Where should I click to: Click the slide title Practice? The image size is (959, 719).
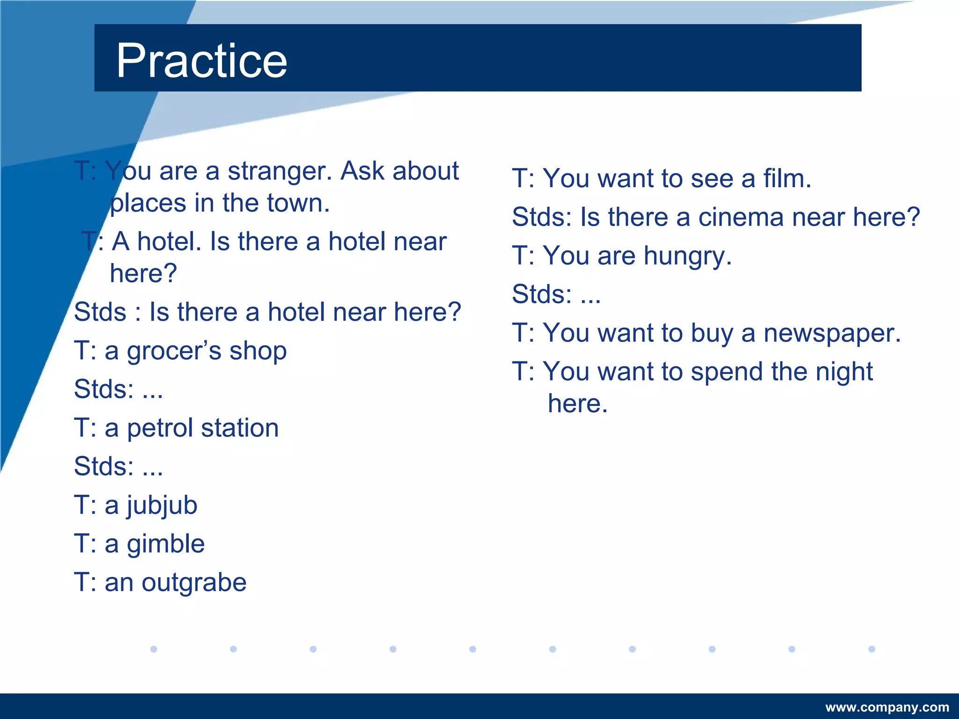201,61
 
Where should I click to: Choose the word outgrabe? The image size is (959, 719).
194,583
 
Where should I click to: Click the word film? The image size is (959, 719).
787,179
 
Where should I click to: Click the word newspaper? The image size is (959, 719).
832,334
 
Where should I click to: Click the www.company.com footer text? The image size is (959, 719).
887,707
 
